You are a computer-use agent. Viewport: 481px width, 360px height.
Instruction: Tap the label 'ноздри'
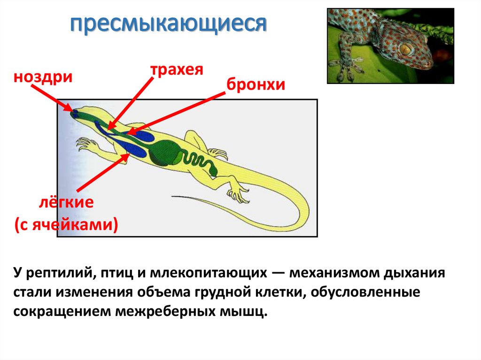pos(43,77)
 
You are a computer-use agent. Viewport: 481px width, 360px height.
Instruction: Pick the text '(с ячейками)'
pos(66,224)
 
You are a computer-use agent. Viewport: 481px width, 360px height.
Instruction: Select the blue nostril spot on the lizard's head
pos(75,113)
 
